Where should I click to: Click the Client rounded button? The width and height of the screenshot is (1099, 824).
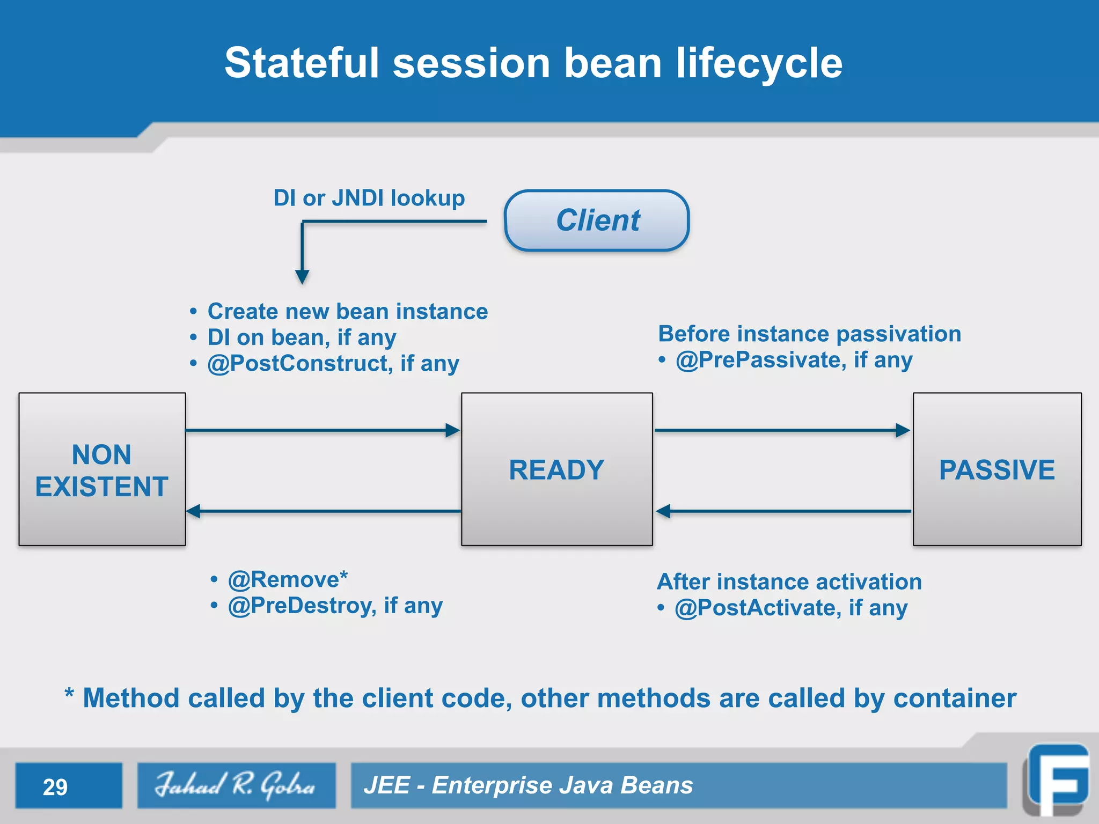tap(597, 220)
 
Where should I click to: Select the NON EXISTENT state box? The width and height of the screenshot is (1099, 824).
tap(102, 469)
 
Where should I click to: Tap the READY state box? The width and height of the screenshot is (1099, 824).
tap(557, 469)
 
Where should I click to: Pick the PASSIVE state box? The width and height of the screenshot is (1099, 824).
tap(997, 469)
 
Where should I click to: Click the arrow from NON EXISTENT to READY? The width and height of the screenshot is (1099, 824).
tap(322, 430)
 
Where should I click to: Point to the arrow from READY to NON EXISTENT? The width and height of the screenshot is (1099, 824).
tap(322, 511)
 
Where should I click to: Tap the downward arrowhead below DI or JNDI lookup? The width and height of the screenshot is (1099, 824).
tap(302, 276)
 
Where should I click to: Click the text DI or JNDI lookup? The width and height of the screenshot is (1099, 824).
tap(369, 198)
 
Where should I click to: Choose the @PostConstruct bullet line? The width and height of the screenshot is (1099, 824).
tap(333, 363)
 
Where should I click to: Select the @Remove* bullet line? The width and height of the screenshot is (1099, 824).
tap(287, 579)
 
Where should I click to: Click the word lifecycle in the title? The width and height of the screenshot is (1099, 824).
tap(759, 63)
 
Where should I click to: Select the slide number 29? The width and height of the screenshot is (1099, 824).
tap(55, 787)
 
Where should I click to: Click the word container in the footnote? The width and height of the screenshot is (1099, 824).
tap(955, 698)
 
